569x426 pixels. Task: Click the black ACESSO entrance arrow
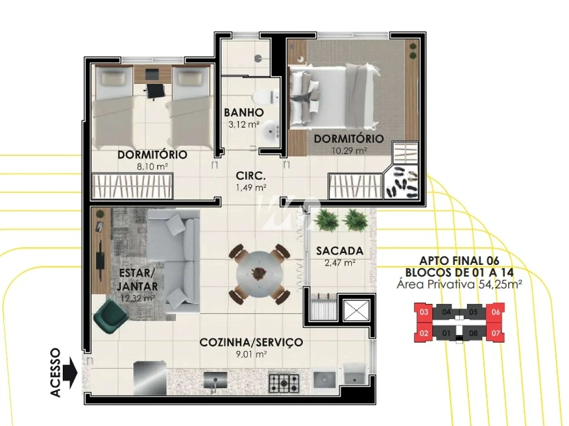pos(71,372)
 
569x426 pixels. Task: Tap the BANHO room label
pos(243,113)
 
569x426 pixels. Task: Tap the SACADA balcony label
pos(339,251)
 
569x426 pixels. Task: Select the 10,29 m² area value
pos(349,151)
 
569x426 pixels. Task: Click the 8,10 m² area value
pos(152,167)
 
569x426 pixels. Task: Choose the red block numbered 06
pos(495,312)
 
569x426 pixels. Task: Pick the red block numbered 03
pos(424,312)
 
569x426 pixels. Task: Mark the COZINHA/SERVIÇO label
pos(251,343)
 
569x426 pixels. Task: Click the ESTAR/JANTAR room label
pos(137,279)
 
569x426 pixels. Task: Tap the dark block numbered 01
pos(446,332)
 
